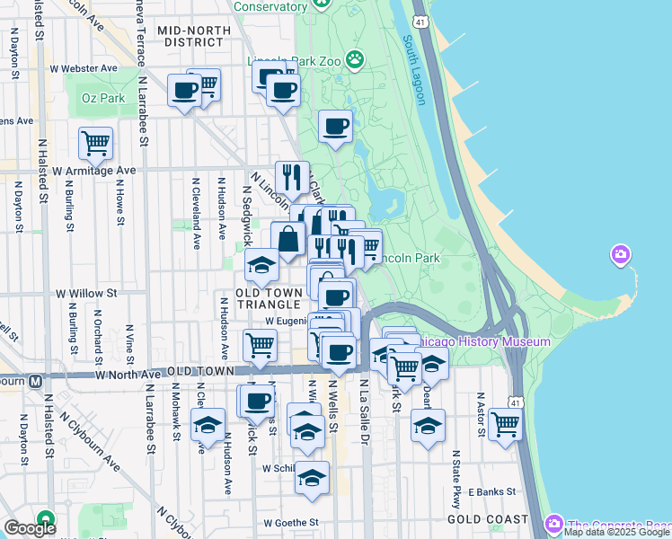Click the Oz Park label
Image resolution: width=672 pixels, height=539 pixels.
point(102,97)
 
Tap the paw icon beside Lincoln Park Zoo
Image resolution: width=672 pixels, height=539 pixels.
point(357,60)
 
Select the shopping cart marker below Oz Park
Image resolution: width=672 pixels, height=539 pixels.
point(95,142)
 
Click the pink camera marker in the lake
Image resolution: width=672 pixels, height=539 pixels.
point(620,256)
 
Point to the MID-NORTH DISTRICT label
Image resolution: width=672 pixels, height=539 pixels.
point(194,37)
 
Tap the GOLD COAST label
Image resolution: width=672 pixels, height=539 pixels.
point(483,520)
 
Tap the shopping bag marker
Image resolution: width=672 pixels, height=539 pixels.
point(288,240)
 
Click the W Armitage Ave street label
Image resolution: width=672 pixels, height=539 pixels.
point(93,170)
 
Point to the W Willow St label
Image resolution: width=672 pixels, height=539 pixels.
point(87,293)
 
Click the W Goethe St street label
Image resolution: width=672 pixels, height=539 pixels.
point(291,522)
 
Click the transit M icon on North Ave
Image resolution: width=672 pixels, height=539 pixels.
point(35,380)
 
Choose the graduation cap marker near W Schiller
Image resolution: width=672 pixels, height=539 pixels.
point(313,479)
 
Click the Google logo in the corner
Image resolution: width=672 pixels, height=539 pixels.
point(30,527)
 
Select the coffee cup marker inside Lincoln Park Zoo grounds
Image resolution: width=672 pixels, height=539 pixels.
point(337,127)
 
